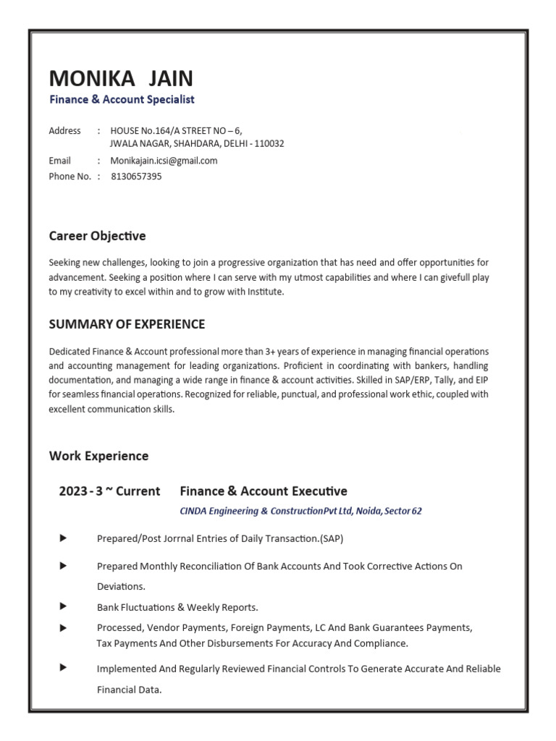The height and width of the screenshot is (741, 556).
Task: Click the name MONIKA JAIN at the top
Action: pos(121,78)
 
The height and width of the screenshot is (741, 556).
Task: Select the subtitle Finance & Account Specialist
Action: pos(122,100)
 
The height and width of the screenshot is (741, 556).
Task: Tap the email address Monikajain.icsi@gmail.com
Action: pos(164,161)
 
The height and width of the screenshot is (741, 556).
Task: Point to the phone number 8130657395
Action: pos(136,176)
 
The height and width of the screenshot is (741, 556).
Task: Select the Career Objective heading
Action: pos(97,236)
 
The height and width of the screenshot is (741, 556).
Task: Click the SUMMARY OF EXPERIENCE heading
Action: pos(127,324)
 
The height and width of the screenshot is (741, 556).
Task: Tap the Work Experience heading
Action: pos(98,456)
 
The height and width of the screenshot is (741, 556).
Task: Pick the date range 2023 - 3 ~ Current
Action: pos(109,491)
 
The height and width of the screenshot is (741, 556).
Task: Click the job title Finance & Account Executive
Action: pos(264,491)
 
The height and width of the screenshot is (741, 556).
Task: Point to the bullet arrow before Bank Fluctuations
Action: pos(63,606)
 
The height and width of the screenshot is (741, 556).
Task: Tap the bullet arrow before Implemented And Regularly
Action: pos(63,667)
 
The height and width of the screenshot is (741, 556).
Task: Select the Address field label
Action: pos(64,131)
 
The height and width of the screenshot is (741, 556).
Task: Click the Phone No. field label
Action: pos(69,176)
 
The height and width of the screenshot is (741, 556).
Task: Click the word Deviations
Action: pos(121,586)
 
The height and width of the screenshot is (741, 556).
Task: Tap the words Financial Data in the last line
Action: pos(129,690)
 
